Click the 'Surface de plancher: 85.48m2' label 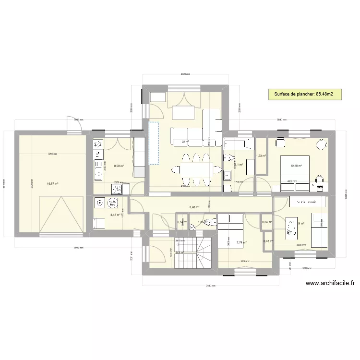(x=305, y=95)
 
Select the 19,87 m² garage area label (x=52, y=183)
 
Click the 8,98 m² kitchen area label (x=119, y=166)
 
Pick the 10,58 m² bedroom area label (x=296, y=167)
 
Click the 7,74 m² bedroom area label (x=241, y=243)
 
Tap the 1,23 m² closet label (x=261, y=156)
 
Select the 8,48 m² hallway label (x=194, y=207)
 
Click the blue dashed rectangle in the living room (x=154, y=143)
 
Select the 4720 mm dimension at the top (x=185, y=74)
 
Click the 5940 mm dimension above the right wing (x=281, y=120)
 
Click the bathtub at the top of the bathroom (x=237, y=143)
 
